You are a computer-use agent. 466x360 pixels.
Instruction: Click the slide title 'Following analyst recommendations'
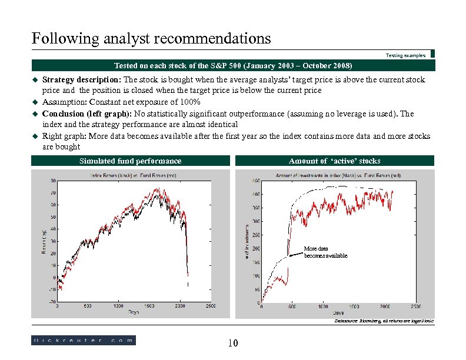coord(151,39)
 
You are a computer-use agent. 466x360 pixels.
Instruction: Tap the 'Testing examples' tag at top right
coord(405,55)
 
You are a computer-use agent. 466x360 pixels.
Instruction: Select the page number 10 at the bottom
coord(232,344)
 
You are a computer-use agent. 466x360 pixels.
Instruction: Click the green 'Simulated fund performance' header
coord(130,161)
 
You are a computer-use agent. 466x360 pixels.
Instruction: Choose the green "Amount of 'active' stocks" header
coord(334,161)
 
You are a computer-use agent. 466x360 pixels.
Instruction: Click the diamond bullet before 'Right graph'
coord(35,136)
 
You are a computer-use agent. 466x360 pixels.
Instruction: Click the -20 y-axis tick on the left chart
coord(52,302)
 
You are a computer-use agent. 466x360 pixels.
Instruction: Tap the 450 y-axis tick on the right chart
coord(257,181)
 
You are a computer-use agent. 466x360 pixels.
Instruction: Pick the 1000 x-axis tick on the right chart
coord(323,306)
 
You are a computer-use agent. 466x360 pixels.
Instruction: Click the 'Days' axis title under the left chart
coord(134,312)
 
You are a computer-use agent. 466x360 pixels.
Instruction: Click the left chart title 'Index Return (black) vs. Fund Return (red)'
coord(134,175)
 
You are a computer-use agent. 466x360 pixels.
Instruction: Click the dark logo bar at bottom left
coord(83,340)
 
